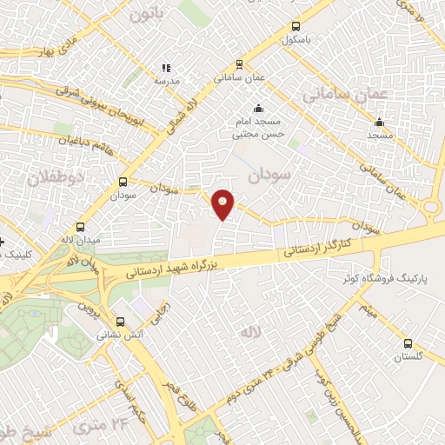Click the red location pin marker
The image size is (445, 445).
tap(223, 203)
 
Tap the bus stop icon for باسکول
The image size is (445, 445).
tap(296, 27)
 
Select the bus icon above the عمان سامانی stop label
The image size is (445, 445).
tap(240, 63)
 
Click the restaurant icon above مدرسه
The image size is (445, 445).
tap(166, 68)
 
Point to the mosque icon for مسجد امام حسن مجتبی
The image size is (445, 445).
tap(258, 109)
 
